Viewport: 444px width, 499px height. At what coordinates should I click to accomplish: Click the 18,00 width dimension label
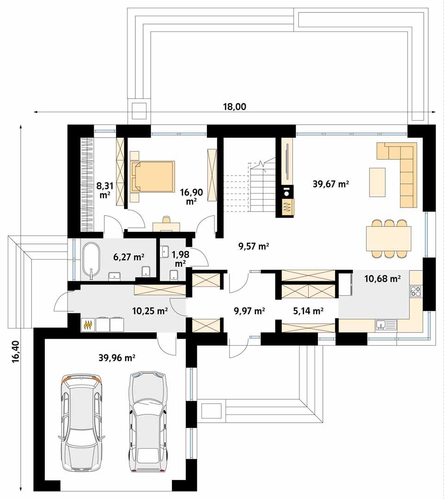[x=235, y=106]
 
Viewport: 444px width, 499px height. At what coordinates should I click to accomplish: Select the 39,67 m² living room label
[x=330, y=184]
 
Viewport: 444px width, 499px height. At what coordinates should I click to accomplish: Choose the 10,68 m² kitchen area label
[x=382, y=279]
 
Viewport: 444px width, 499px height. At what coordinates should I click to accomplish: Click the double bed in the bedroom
[x=152, y=176]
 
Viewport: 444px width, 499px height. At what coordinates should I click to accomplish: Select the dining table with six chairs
[x=389, y=238]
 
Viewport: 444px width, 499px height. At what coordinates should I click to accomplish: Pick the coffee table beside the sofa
[x=377, y=182]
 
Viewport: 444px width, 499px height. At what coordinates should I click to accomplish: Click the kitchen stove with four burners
[x=416, y=292]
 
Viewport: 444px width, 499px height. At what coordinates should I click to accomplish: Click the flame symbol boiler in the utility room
[x=88, y=325]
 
